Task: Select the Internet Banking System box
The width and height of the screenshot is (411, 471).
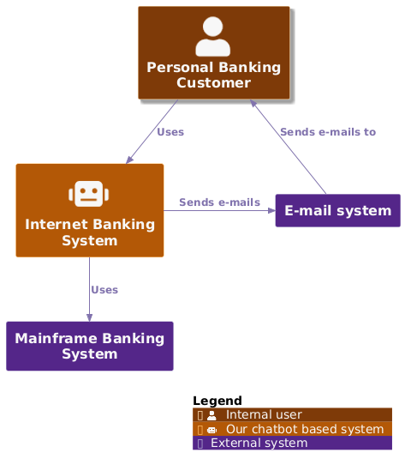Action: click(x=90, y=210)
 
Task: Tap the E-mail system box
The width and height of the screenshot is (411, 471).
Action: click(x=337, y=211)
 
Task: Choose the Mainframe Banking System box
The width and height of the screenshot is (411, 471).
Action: click(x=90, y=346)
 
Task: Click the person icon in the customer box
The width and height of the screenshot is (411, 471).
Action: click(x=213, y=37)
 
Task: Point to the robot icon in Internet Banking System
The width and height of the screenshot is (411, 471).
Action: click(x=90, y=193)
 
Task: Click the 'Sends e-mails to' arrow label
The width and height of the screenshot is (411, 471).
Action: click(x=328, y=132)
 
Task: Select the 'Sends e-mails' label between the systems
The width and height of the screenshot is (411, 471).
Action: click(x=219, y=202)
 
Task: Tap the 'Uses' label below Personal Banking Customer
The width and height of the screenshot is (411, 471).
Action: click(x=170, y=132)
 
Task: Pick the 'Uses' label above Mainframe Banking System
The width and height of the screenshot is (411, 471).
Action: click(x=104, y=290)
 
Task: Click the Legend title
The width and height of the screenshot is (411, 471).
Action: click(x=217, y=401)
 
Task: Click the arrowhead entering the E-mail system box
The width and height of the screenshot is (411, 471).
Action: click(x=271, y=210)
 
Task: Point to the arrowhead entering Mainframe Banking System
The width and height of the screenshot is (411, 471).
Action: click(x=89, y=317)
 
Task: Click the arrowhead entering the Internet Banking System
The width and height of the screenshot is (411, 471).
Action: click(x=129, y=160)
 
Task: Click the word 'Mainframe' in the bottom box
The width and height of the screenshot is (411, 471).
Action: click(x=57, y=338)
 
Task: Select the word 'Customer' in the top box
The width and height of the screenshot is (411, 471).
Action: click(x=213, y=83)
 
